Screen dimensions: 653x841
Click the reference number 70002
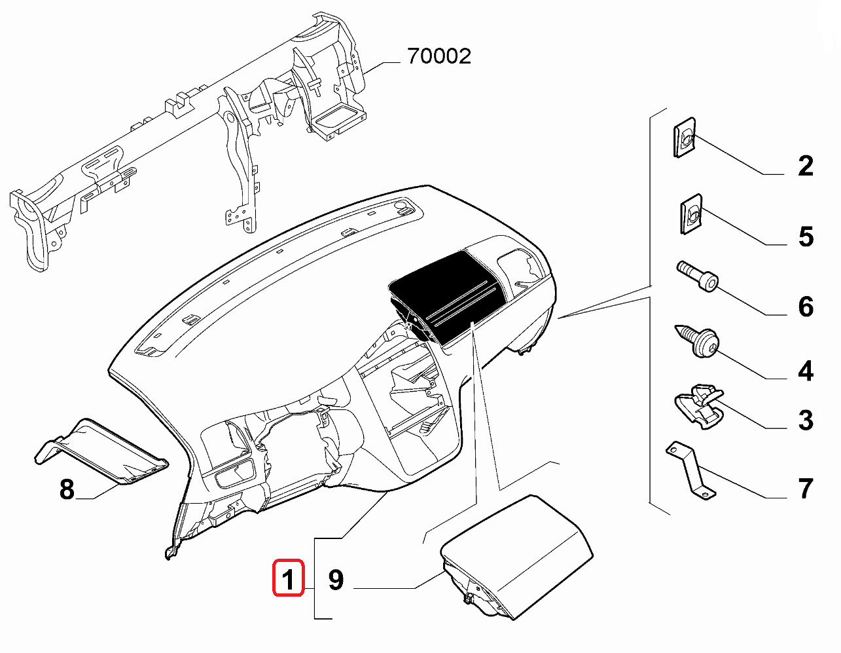[x=438, y=56]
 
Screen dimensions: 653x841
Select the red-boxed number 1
[x=288, y=578]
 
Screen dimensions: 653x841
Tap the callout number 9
[x=335, y=579]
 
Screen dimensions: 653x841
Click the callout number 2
[x=806, y=166]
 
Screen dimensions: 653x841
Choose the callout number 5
[x=806, y=236]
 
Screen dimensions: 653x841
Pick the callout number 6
[x=806, y=307]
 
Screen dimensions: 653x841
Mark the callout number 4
[x=806, y=371]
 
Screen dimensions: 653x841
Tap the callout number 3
[x=806, y=420]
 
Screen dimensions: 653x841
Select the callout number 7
[x=806, y=489]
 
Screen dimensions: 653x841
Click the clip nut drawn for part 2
[x=685, y=138]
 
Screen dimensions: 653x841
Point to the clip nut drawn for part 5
[x=689, y=214]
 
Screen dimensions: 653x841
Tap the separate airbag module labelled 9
[x=517, y=557]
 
